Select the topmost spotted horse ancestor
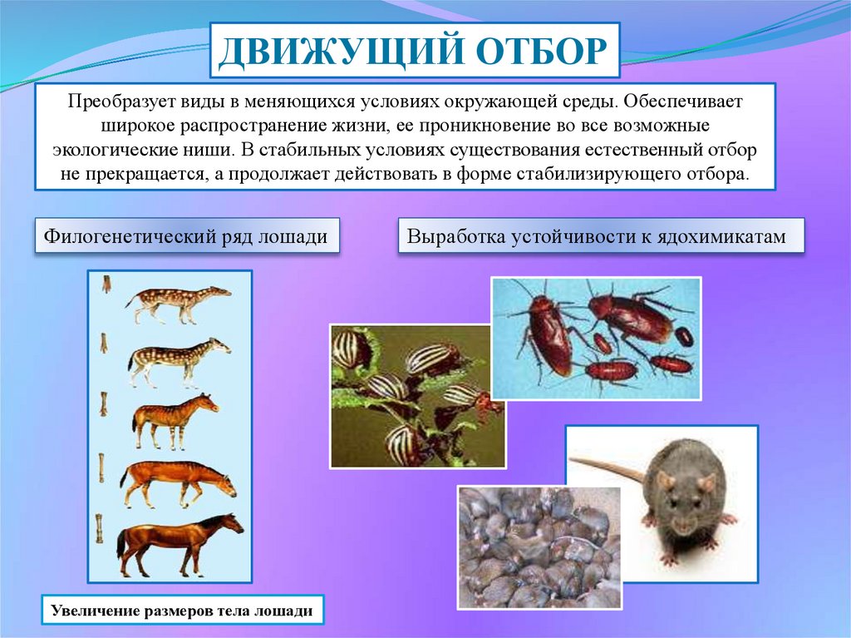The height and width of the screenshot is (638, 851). coord(179,304)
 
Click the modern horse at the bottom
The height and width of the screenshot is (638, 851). coord(180,544)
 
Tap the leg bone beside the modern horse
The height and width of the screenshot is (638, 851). coord(100,528)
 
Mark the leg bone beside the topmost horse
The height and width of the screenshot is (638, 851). coord(106,284)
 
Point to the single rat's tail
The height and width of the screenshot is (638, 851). coord(607,467)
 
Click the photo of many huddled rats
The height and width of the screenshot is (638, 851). coord(539,547)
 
